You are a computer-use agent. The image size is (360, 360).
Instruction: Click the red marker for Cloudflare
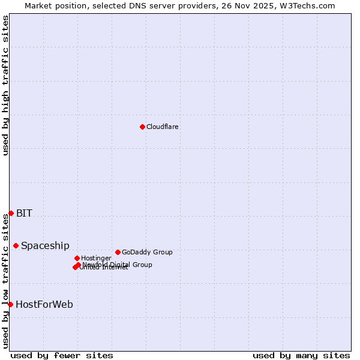click(142, 127)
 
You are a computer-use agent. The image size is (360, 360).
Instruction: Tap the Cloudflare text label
click(162, 127)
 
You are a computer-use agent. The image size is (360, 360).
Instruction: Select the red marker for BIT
click(11, 213)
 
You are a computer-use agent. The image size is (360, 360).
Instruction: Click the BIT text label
click(24, 213)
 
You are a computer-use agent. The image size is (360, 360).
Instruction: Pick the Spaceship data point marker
click(16, 245)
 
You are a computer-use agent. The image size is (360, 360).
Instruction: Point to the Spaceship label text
click(45, 245)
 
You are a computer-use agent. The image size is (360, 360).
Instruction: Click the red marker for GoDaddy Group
click(118, 252)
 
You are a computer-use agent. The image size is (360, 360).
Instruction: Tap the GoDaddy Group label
click(147, 252)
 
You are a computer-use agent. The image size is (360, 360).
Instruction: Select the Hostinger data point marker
click(77, 258)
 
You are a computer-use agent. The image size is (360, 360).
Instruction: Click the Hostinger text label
click(96, 258)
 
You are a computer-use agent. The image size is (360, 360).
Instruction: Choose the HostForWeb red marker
click(10, 304)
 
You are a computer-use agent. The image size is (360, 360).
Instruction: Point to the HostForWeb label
click(44, 304)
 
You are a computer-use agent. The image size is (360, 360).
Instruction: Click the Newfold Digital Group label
click(118, 264)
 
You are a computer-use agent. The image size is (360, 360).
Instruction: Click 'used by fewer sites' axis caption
click(62, 355)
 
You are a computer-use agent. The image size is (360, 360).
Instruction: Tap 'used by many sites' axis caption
click(301, 355)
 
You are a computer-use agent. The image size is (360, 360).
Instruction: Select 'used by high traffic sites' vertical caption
click(5, 85)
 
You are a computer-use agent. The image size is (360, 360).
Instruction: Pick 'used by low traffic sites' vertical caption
click(5, 281)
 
